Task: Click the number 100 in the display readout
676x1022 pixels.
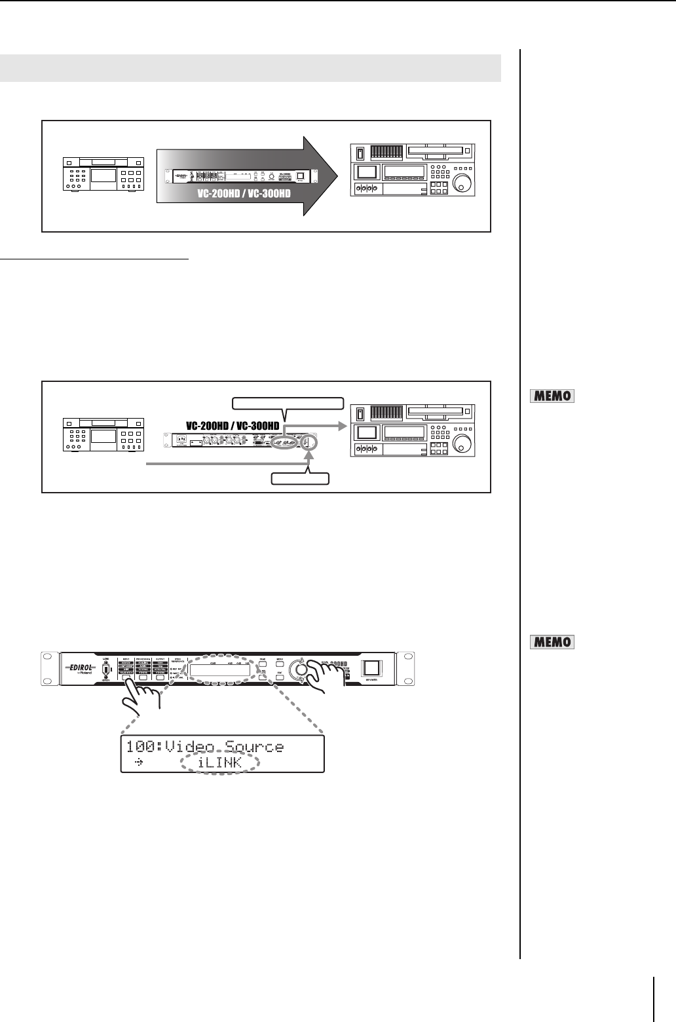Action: [141, 747]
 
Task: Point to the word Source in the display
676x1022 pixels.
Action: [253, 747]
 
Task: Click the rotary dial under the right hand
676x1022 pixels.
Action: [302, 671]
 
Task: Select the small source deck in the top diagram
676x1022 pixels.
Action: [103, 174]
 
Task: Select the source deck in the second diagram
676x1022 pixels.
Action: [103, 435]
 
